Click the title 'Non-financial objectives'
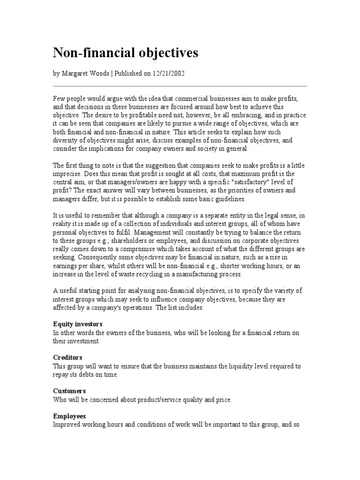point(125,53)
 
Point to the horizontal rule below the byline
point(180,86)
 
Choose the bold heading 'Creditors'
point(67,358)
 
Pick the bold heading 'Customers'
point(69,391)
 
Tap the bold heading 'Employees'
point(69,416)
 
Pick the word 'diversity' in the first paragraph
point(66,140)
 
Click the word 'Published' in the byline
point(124,74)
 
